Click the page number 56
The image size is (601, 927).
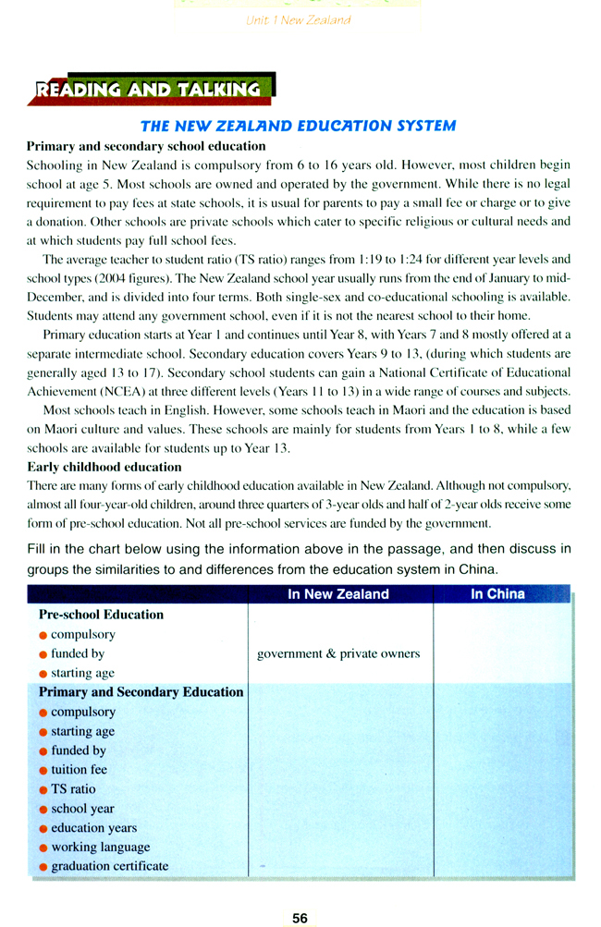(300, 918)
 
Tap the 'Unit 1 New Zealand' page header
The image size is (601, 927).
(299, 18)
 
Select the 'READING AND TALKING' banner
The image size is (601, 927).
(149, 90)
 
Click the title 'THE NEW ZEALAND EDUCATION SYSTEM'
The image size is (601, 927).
(297, 126)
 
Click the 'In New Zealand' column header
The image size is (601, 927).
(338, 594)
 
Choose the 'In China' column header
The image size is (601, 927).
(497, 594)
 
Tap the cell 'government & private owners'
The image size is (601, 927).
(338, 653)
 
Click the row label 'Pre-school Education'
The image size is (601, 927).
(101, 615)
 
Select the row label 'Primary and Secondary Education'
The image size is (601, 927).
(141, 692)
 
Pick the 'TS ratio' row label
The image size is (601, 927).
(73, 789)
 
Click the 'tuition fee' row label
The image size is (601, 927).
(79, 770)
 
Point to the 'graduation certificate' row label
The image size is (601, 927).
(110, 866)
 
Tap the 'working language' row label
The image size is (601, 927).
(100, 847)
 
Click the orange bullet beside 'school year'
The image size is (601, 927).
(43, 810)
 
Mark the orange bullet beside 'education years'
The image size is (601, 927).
(43, 829)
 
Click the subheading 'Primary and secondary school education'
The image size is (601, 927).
(146, 146)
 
